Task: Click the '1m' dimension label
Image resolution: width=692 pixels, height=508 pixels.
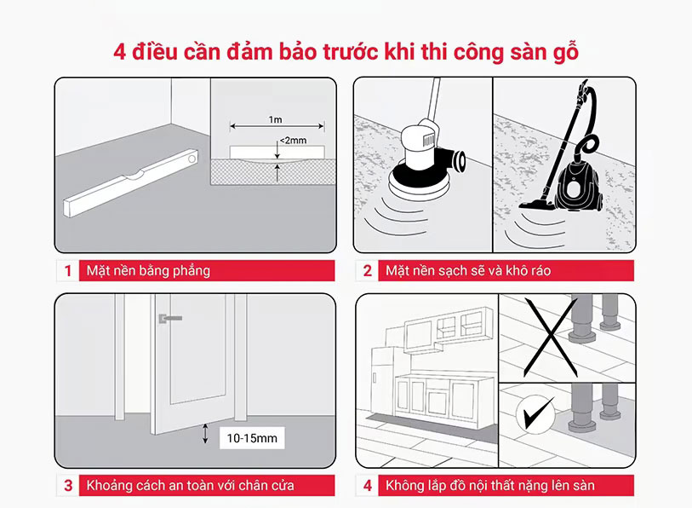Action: (x=275, y=119)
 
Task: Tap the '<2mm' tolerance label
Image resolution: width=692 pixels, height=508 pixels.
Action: (x=293, y=140)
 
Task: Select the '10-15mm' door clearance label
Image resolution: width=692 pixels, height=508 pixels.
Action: (x=252, y=438)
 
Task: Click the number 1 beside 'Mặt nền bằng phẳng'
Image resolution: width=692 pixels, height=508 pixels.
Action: (x=67, y=270)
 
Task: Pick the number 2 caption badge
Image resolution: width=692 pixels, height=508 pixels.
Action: (x=367, y=270)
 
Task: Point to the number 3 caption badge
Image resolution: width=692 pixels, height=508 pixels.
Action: (x=68, y=486)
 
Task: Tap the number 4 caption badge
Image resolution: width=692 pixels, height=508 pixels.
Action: (x=367, y=486)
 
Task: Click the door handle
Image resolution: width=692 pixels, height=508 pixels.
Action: (x=170, y=318)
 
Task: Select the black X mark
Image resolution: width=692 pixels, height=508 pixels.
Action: (x=551, y=338)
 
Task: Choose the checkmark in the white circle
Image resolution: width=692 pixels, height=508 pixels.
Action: (x=539, y=413)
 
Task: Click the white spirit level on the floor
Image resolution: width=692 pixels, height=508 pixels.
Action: (x=131, y=182)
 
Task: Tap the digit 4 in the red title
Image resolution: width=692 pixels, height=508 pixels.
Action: (x=120, y=52)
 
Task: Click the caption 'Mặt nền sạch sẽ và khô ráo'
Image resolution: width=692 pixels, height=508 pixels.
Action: (x=468, y=270)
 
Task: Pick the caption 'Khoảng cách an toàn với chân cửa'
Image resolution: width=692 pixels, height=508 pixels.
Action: (x=190, y=486)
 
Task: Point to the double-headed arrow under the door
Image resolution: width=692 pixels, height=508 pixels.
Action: (x=205, y=433)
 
